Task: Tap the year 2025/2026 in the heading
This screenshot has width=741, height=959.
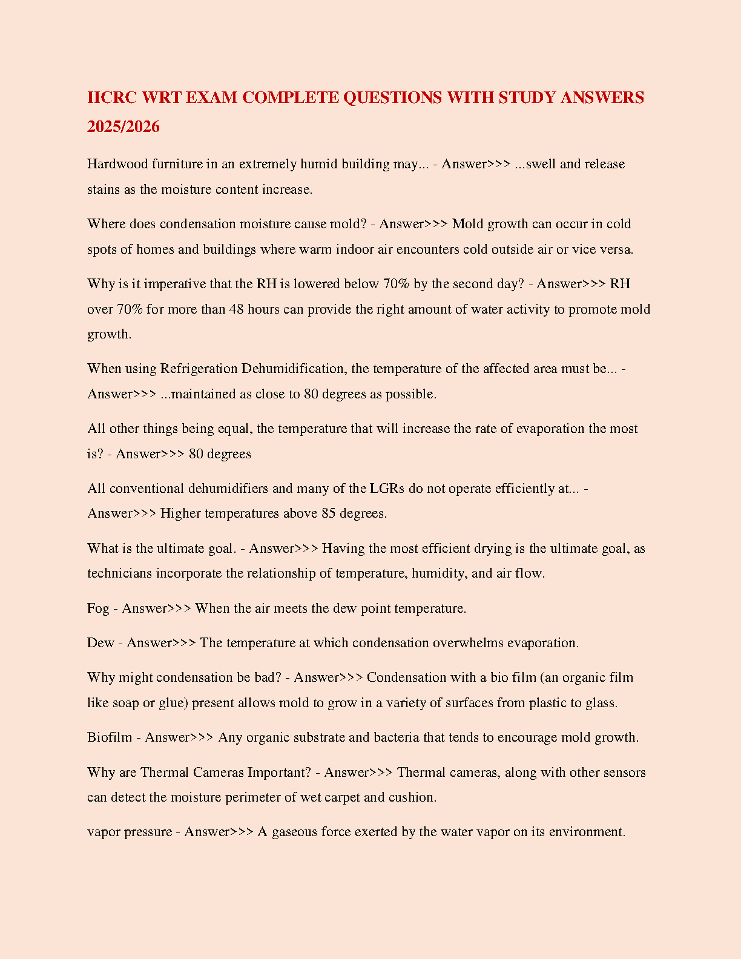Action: (x=123, y=127)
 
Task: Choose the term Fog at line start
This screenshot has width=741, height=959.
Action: (x=98, y=608)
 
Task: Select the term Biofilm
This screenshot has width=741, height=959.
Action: (x=110, y=737)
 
